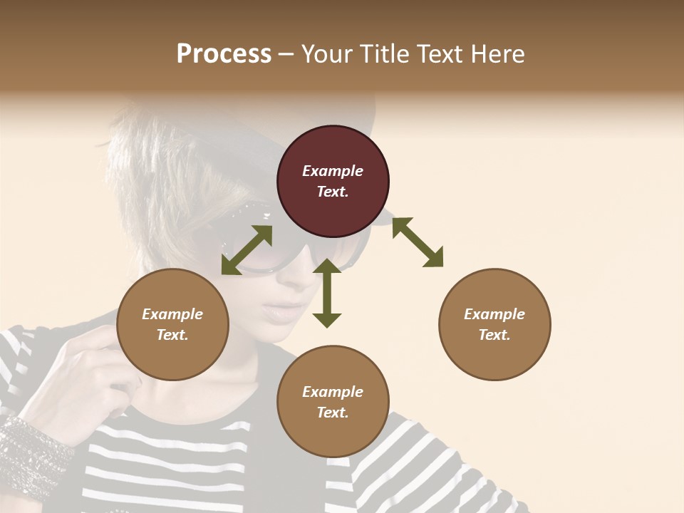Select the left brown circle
pos(172,325)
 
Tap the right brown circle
pos(494,325)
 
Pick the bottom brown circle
pos(333,402)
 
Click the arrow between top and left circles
pos(247,250)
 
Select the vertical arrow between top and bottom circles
pos(327,293)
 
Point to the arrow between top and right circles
pos(418,242)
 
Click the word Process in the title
pos(224,54)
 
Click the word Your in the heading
pos(325,54)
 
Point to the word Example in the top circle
pos(333,171)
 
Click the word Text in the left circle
pos(172,335)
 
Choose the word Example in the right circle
pos(494,314)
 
